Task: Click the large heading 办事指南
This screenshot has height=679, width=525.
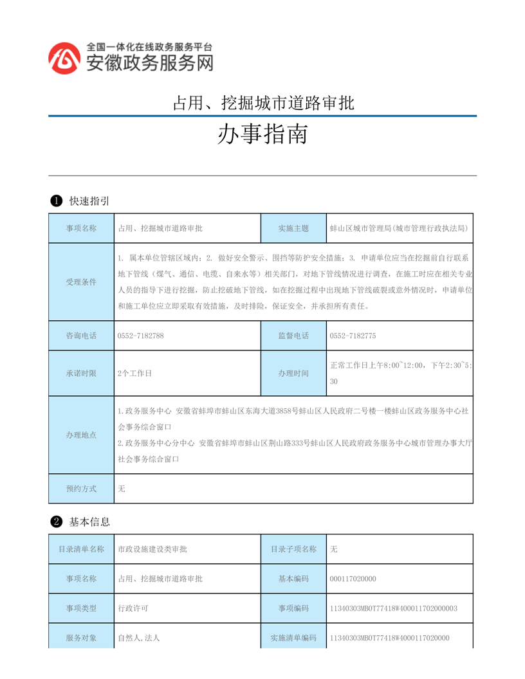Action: pos(262,135)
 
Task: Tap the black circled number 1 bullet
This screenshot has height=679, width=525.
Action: pos(56,201)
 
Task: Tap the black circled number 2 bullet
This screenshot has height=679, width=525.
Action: pos(56,521)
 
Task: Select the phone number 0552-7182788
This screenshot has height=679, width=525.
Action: pos(141,336)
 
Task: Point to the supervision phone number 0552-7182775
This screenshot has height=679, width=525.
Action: pos(353,336)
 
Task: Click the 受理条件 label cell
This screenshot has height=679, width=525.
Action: pos(81,282)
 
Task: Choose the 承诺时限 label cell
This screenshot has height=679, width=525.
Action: pos(81,374)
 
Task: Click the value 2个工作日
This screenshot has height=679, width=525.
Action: pos(134,374)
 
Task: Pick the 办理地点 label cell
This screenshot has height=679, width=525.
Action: pos(81,435)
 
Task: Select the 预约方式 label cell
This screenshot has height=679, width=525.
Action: pos(81,489)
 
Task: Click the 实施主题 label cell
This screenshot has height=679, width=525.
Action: pos(293,228)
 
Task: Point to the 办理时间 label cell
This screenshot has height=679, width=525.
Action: pos(293,374)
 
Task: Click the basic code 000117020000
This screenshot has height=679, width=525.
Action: pos(353,579)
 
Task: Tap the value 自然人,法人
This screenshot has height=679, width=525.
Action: pos(138,638)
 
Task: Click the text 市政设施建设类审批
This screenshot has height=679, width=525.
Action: pos(152,549)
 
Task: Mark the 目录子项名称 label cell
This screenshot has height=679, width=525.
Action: pos(293,549)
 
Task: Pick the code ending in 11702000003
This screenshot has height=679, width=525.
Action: pos(393,608)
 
